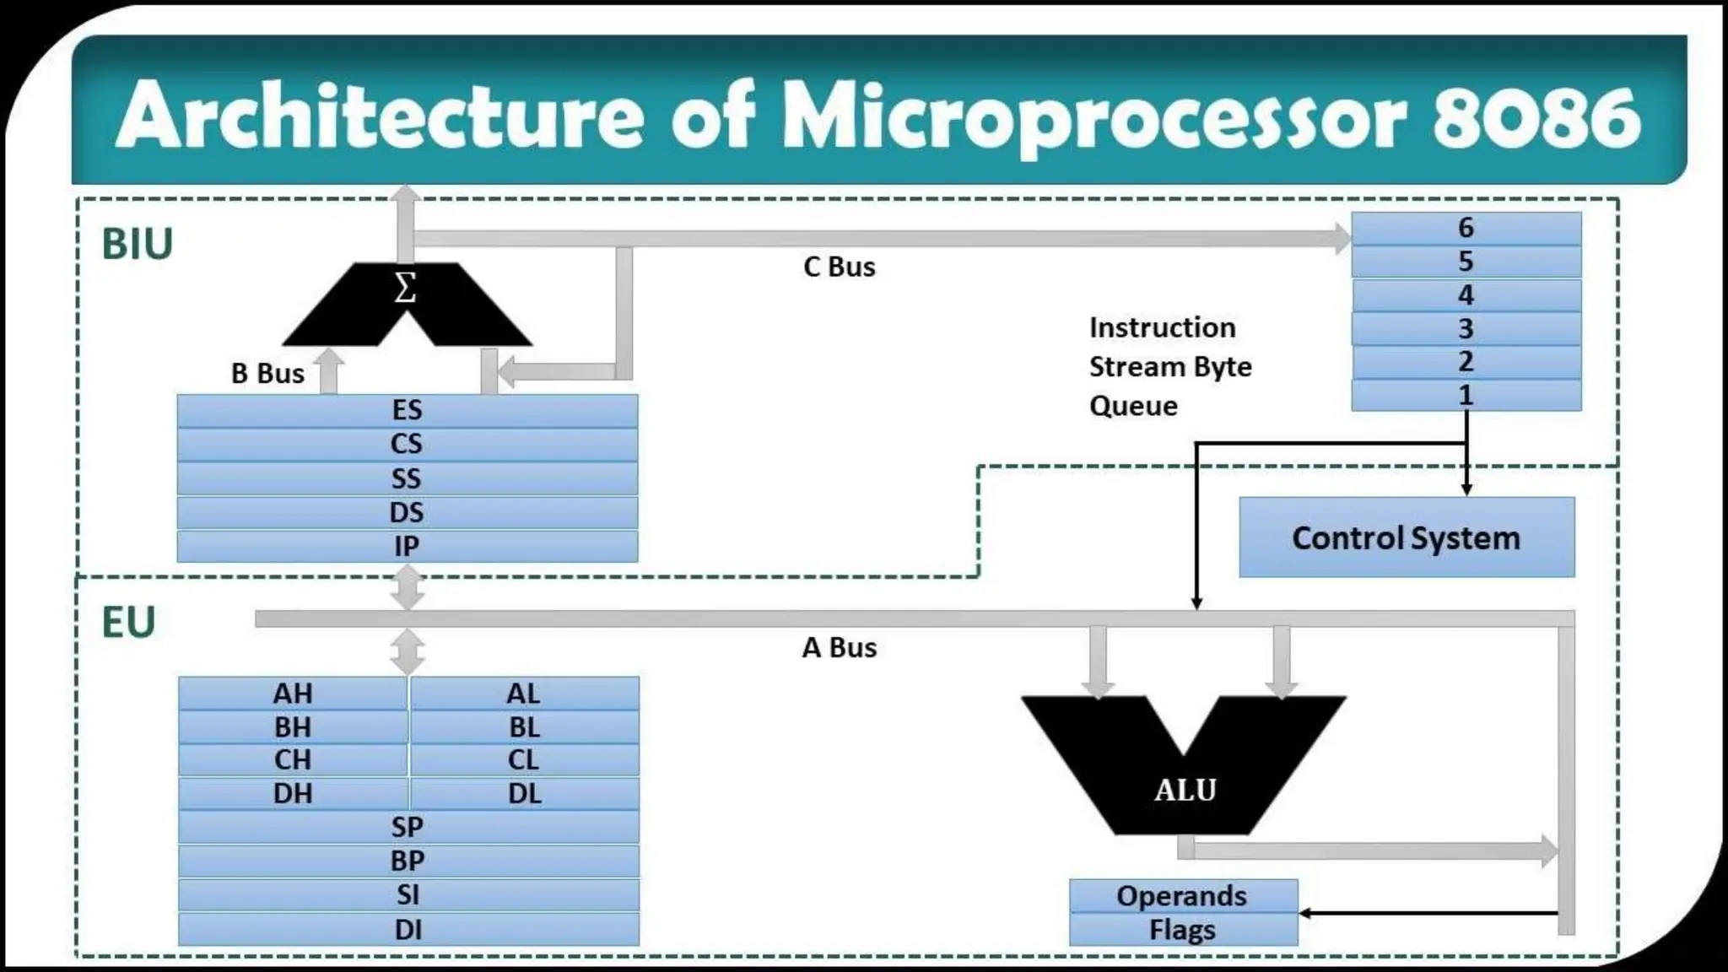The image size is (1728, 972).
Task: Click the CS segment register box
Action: pyautogui.click(x=407, y=444)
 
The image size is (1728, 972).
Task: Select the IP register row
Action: pyautogui.click(x=407, y=546)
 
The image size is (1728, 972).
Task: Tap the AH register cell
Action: pyautogui.click(x=293, y=694)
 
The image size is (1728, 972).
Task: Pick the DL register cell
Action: pyautogui.click(x=524, y=793)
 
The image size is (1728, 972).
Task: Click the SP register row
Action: pyautogui.click(x=408, y=827)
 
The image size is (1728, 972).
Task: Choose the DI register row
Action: pyautogui.click(x=408, y=929)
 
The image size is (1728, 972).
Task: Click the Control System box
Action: pyautogui.click(x=1406, y=537)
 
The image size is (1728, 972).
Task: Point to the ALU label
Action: pyautogui.click(x=1185, y=790)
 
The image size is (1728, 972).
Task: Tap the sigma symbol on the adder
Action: pyautogui.click(x=405, y=289)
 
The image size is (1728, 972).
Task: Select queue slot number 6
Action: pyautogui.click(x=1466, y=228)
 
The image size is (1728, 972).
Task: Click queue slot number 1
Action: pyautogui.click(x=1466, y=395)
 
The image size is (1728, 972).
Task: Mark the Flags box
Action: pyautogui.click(x=1182, y=930)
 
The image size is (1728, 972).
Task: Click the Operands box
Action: pyautogui.click(x=1182, y=896)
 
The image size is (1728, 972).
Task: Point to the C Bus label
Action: pyautogui.click(x=839, y=267)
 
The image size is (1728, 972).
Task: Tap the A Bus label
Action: pyautogui.click(x=839, y=647)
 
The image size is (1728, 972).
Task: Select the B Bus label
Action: pyautogui.click(x=267, y=373)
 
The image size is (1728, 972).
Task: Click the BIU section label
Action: pyautogui.click(x=137, y=245)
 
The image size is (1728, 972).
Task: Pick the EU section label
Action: pyautogui.click(x=128, y=623)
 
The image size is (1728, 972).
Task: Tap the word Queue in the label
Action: pyautogui.click(x=1133, y=406)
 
